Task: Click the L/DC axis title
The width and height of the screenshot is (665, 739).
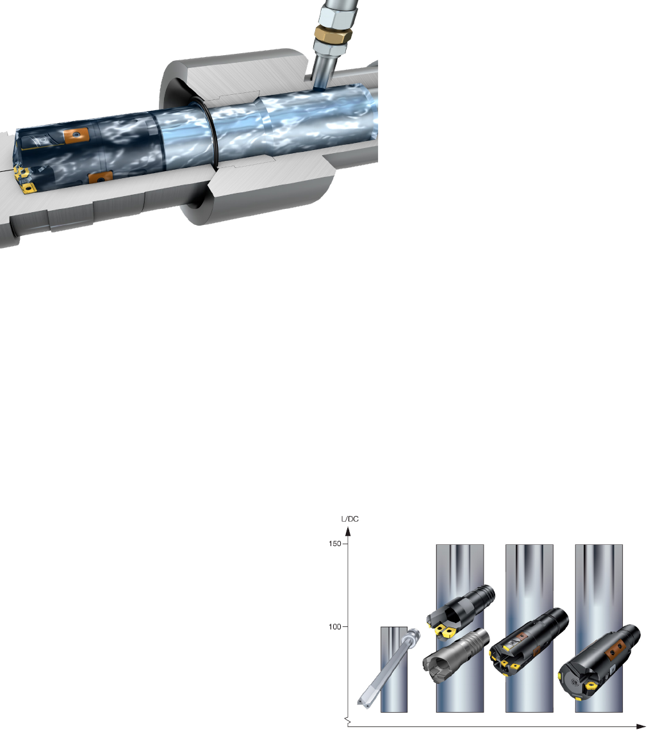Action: point(349,519)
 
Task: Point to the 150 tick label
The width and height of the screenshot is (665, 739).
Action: point(335,544)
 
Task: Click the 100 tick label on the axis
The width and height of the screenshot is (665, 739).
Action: point(335,626)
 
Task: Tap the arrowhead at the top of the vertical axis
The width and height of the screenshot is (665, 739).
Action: point(348,531)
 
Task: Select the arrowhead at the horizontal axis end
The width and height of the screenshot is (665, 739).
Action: point(641,726)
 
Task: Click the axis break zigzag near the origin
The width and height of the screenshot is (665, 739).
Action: point(348,720)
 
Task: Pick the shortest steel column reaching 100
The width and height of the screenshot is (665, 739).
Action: point(394,669)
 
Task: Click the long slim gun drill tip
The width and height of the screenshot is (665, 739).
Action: point(362,702)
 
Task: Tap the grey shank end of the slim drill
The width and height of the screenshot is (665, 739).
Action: point(414,633)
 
